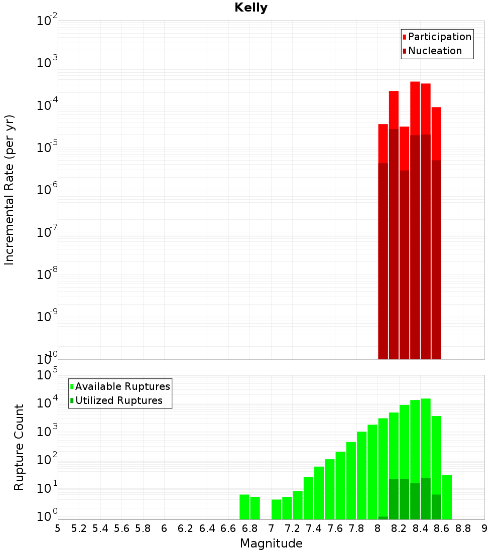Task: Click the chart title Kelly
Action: (251, 8)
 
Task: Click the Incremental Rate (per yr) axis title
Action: (10, 190)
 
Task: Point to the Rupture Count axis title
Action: (19, 447)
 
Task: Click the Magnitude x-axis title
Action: (271, 543)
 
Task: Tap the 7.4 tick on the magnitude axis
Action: (313, 528)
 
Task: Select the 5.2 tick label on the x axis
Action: (79, 528)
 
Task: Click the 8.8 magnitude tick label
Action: (463, 528)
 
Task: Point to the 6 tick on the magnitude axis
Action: (164, 528)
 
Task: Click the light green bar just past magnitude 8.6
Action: (447, 497)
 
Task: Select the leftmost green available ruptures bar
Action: (244, 507)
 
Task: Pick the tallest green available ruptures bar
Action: (426, 437)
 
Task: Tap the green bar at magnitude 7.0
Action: (276, 509)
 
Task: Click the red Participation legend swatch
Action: (405, 37)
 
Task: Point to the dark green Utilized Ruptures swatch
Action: (72, 401)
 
